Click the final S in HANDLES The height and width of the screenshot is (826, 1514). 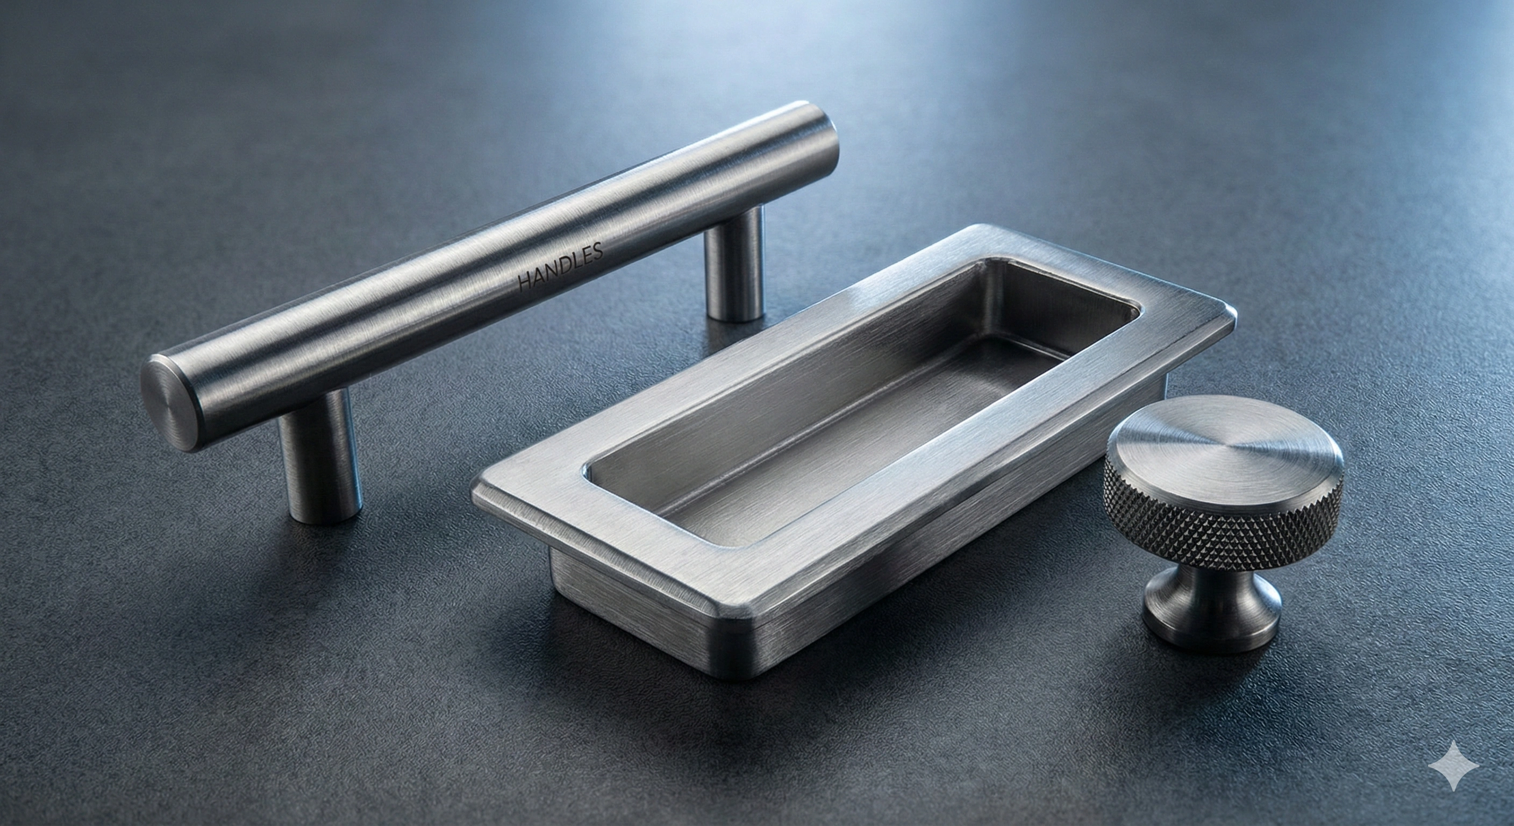pyautogui.click(x=598, y=251)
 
